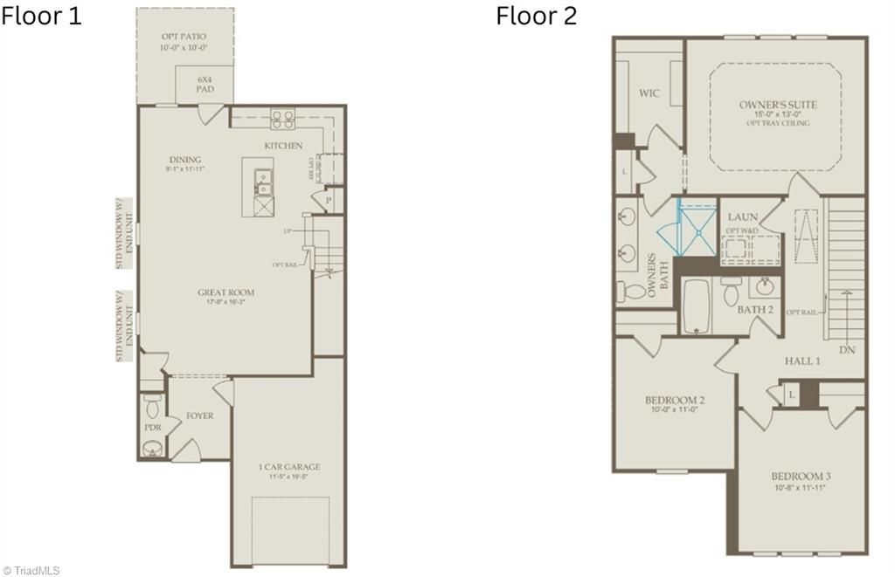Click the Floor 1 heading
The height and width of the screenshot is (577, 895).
pos(41,16)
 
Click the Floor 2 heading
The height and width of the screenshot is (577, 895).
pos(537,16)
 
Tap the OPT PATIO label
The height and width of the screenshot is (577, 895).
pos(184,37)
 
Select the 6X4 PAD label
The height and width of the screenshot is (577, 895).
pos(205,84)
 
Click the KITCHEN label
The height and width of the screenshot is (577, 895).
pos(283,145)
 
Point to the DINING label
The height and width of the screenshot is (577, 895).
pos(185,160)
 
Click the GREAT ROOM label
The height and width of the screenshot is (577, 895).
pos(225,292)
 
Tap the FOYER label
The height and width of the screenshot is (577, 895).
pos(199,416)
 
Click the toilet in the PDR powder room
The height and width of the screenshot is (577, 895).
pos(152,406)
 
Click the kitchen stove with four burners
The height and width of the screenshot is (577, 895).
pos(282,118)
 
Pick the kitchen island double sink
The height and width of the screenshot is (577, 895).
pos(262,181)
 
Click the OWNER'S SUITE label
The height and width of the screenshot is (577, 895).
pos(778,105)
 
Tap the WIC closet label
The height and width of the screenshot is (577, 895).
pos(649,93)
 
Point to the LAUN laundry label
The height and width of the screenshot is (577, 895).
pos(742,216)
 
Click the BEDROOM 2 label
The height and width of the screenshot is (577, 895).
pos(675,401)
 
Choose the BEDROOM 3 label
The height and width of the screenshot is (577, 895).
pos(801,476)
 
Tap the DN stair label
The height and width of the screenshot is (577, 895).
pos(846,349)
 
